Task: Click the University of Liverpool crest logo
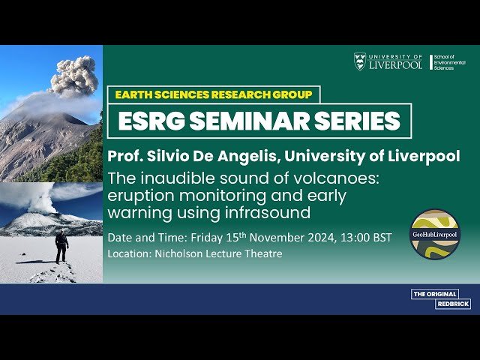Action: pos(360,61)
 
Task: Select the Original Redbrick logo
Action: pos(435,298)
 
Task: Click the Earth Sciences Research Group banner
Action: pos(213,94)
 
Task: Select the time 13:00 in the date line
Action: pos(352,238)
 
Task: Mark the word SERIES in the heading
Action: pos(352,121)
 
